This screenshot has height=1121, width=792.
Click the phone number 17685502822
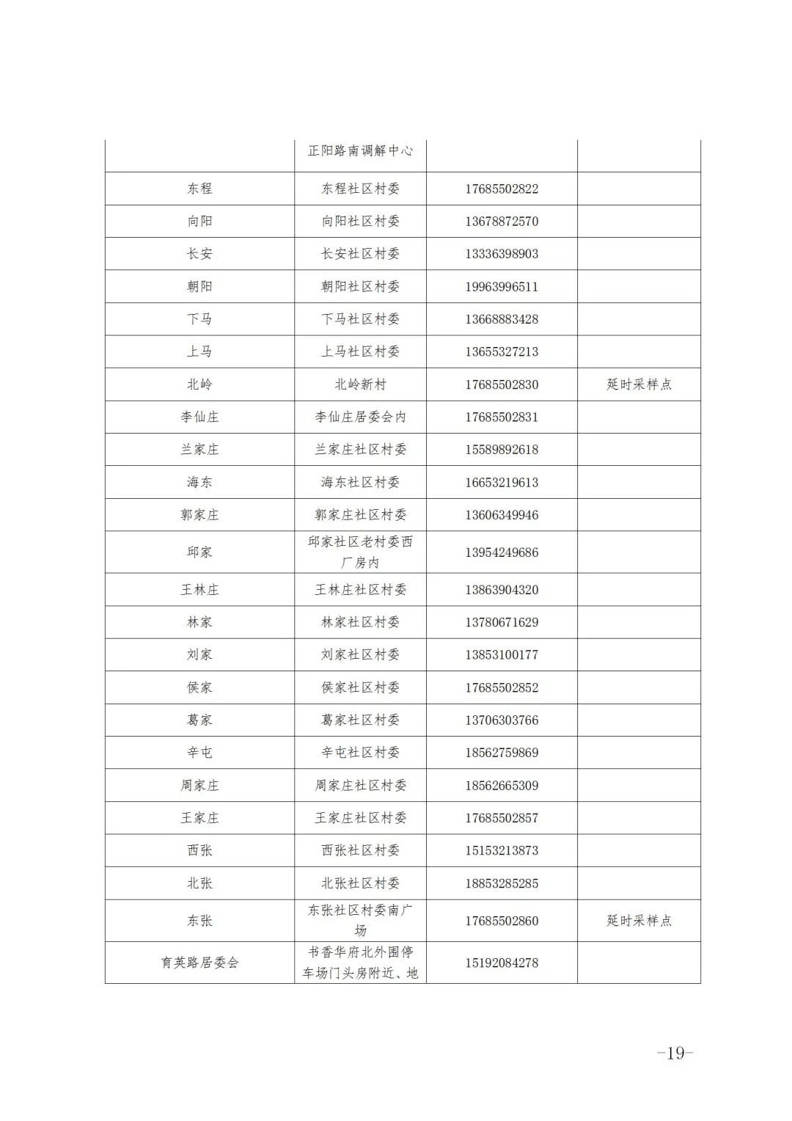502,189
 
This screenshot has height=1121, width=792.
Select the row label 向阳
199,221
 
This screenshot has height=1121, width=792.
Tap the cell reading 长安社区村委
360,254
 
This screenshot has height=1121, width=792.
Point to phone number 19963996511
502,286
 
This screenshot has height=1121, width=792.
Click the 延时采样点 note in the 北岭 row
639,384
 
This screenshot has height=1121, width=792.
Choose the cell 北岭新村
360,384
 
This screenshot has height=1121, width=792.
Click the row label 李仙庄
199,417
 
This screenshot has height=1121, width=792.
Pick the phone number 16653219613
502,482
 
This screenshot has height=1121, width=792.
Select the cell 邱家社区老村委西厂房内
360,552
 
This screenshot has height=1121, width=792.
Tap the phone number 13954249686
502,552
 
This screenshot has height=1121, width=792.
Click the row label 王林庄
199,590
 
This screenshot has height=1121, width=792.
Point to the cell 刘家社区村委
360,654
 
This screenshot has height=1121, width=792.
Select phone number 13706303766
502,720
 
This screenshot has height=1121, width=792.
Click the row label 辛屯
199,753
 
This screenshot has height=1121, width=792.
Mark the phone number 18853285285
502,883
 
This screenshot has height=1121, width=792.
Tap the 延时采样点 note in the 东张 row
639,921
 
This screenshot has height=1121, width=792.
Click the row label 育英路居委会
199,963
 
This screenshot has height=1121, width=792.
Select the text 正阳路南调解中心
360,150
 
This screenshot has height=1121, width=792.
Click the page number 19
675,1053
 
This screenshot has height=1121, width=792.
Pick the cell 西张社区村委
360,850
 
